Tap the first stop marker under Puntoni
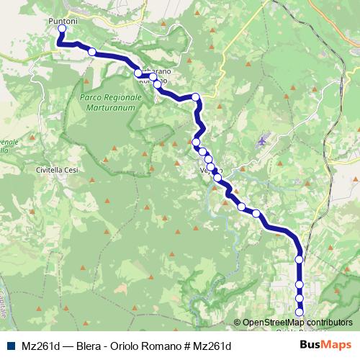click(x=61, y=30)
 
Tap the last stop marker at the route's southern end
click(x=300, y=312)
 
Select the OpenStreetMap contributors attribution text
click(x=297, y=323)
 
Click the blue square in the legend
click(x=11, y=346)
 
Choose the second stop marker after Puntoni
click(x=91, y=51)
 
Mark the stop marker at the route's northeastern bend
click(x=195, y=97)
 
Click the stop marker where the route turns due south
click(x=299, y=259)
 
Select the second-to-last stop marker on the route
click(x=300, y=298)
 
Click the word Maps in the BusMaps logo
click(x=338, y=344)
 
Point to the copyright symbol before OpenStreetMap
click(x=238, y=323)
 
